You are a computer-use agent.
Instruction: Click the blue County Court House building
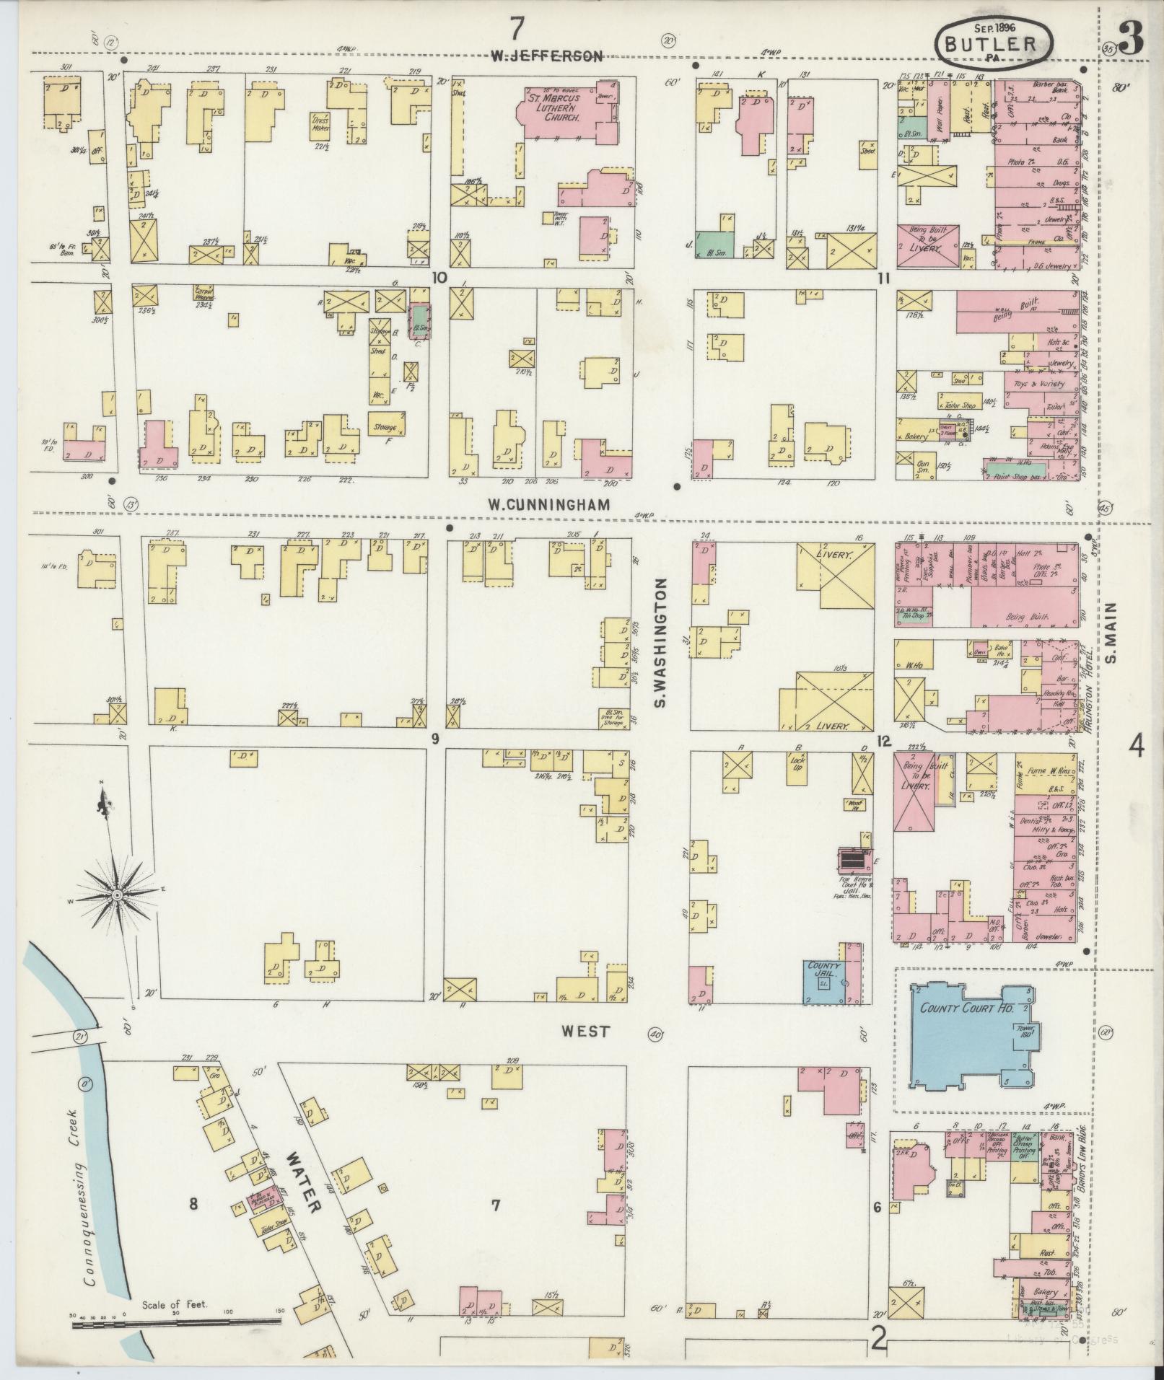pos(966,1034)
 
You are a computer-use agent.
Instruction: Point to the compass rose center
pos(115,895)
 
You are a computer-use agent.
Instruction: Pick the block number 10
pos(438,277)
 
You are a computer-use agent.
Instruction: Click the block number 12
pos(883,741)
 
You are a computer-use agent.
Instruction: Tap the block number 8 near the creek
pos(193,1203)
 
